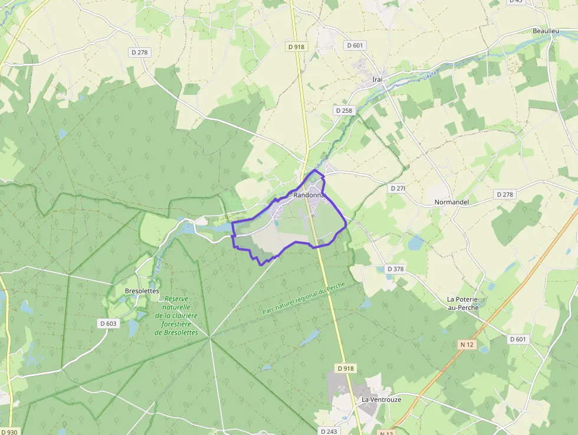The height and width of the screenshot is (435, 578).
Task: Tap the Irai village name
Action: coord(377,79)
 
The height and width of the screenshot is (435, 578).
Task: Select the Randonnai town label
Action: coord(309,195)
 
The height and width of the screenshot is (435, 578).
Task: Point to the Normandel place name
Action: coord(451,202)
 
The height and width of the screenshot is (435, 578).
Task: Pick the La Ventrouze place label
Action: coord(381,400)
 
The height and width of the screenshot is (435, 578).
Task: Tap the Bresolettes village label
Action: coord(142,291)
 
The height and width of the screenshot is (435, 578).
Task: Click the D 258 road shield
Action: coord(343,110)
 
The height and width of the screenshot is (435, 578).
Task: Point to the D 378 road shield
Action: coord(395,269)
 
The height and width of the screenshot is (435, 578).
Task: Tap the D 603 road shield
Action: coord(109,323)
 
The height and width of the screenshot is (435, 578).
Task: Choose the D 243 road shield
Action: coord(329,431)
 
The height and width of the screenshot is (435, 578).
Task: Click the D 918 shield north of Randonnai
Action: coord(297,46)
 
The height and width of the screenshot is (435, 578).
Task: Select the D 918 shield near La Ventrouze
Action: coord(346,368)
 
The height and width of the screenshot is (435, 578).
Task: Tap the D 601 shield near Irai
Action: coord(356,45)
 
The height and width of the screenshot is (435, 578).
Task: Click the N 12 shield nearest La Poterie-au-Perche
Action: coord(467,344)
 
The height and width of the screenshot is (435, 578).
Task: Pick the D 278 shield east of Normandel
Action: coord(505,194)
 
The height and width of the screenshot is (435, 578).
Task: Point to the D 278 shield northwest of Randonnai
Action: coord(140,52)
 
